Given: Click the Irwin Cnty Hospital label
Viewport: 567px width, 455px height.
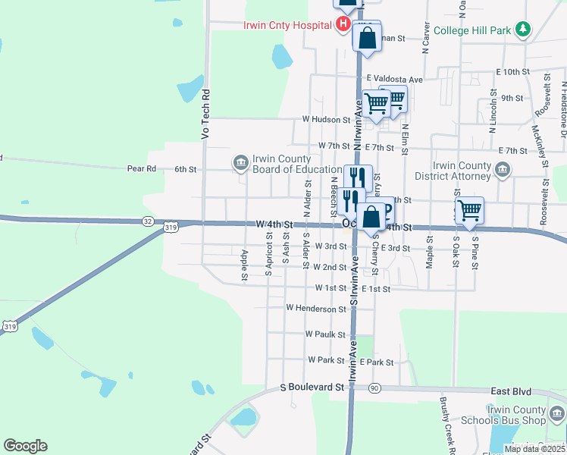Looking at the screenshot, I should click(x=287, y=24).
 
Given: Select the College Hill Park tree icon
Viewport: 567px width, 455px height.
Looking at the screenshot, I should click(x=522, y=30).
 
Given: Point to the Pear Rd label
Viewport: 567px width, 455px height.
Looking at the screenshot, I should click(x=141, y=169).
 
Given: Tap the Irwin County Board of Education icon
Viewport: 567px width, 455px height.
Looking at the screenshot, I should click(x=240, y=162).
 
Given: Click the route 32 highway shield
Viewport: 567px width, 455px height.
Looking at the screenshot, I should click(x=147, y=221).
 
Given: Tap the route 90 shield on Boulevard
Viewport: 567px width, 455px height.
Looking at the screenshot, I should click(x=374, y=388).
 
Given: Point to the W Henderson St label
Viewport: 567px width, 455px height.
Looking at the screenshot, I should click(x=316, y=309).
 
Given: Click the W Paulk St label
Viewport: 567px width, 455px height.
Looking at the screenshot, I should click(x=324, y=334).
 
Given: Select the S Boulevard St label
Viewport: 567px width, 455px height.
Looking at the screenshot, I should click(x=312, y=387).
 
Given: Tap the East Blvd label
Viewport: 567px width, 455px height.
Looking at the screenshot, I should click(x=508, y=391).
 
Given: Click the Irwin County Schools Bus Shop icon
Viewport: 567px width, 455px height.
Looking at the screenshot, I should click(x=557, y=414).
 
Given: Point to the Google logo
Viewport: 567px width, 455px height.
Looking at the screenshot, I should click(x=25, y=446).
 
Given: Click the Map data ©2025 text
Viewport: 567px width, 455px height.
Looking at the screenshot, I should click(x=534, y=449).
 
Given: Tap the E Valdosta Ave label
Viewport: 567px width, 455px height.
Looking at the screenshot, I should click(x=395, y=79).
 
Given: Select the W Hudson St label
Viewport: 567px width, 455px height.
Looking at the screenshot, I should click(x=326, y=119).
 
